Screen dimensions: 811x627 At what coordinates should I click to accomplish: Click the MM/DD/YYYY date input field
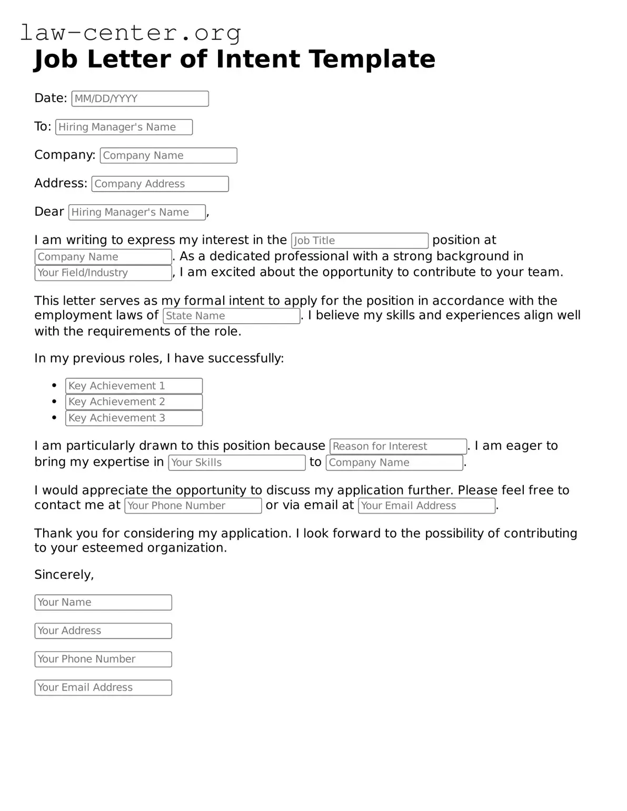(140, 99)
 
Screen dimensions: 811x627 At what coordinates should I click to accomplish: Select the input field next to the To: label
(124, 127)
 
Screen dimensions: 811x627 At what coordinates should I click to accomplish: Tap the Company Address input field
(160, 184)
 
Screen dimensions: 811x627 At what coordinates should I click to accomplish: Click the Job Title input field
(360, 241)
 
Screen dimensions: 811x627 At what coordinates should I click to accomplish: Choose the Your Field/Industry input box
(103, 273)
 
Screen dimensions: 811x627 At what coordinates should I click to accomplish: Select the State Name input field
(231, 316)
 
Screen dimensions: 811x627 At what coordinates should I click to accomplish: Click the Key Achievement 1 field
(134, 386)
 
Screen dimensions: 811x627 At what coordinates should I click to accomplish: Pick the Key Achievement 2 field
(134, 402)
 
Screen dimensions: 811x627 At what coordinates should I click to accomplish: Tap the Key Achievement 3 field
(134, 418)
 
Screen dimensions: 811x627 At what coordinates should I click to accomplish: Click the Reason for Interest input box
(398, 446)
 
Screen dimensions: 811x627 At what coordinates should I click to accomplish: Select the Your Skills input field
(237, 463)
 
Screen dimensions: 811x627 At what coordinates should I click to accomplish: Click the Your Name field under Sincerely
(103, 603)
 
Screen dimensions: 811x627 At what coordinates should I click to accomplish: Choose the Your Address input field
(103, 631)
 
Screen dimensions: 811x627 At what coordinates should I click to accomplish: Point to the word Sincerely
(64, 575)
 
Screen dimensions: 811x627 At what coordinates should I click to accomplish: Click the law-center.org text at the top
(130, 33)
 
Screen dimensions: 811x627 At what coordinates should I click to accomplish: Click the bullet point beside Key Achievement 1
(54, 386)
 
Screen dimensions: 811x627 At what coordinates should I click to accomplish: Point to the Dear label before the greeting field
(49, 212)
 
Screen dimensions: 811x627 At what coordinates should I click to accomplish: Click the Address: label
(61, 183)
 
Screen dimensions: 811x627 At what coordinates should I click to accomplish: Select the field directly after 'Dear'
(137, 212)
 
